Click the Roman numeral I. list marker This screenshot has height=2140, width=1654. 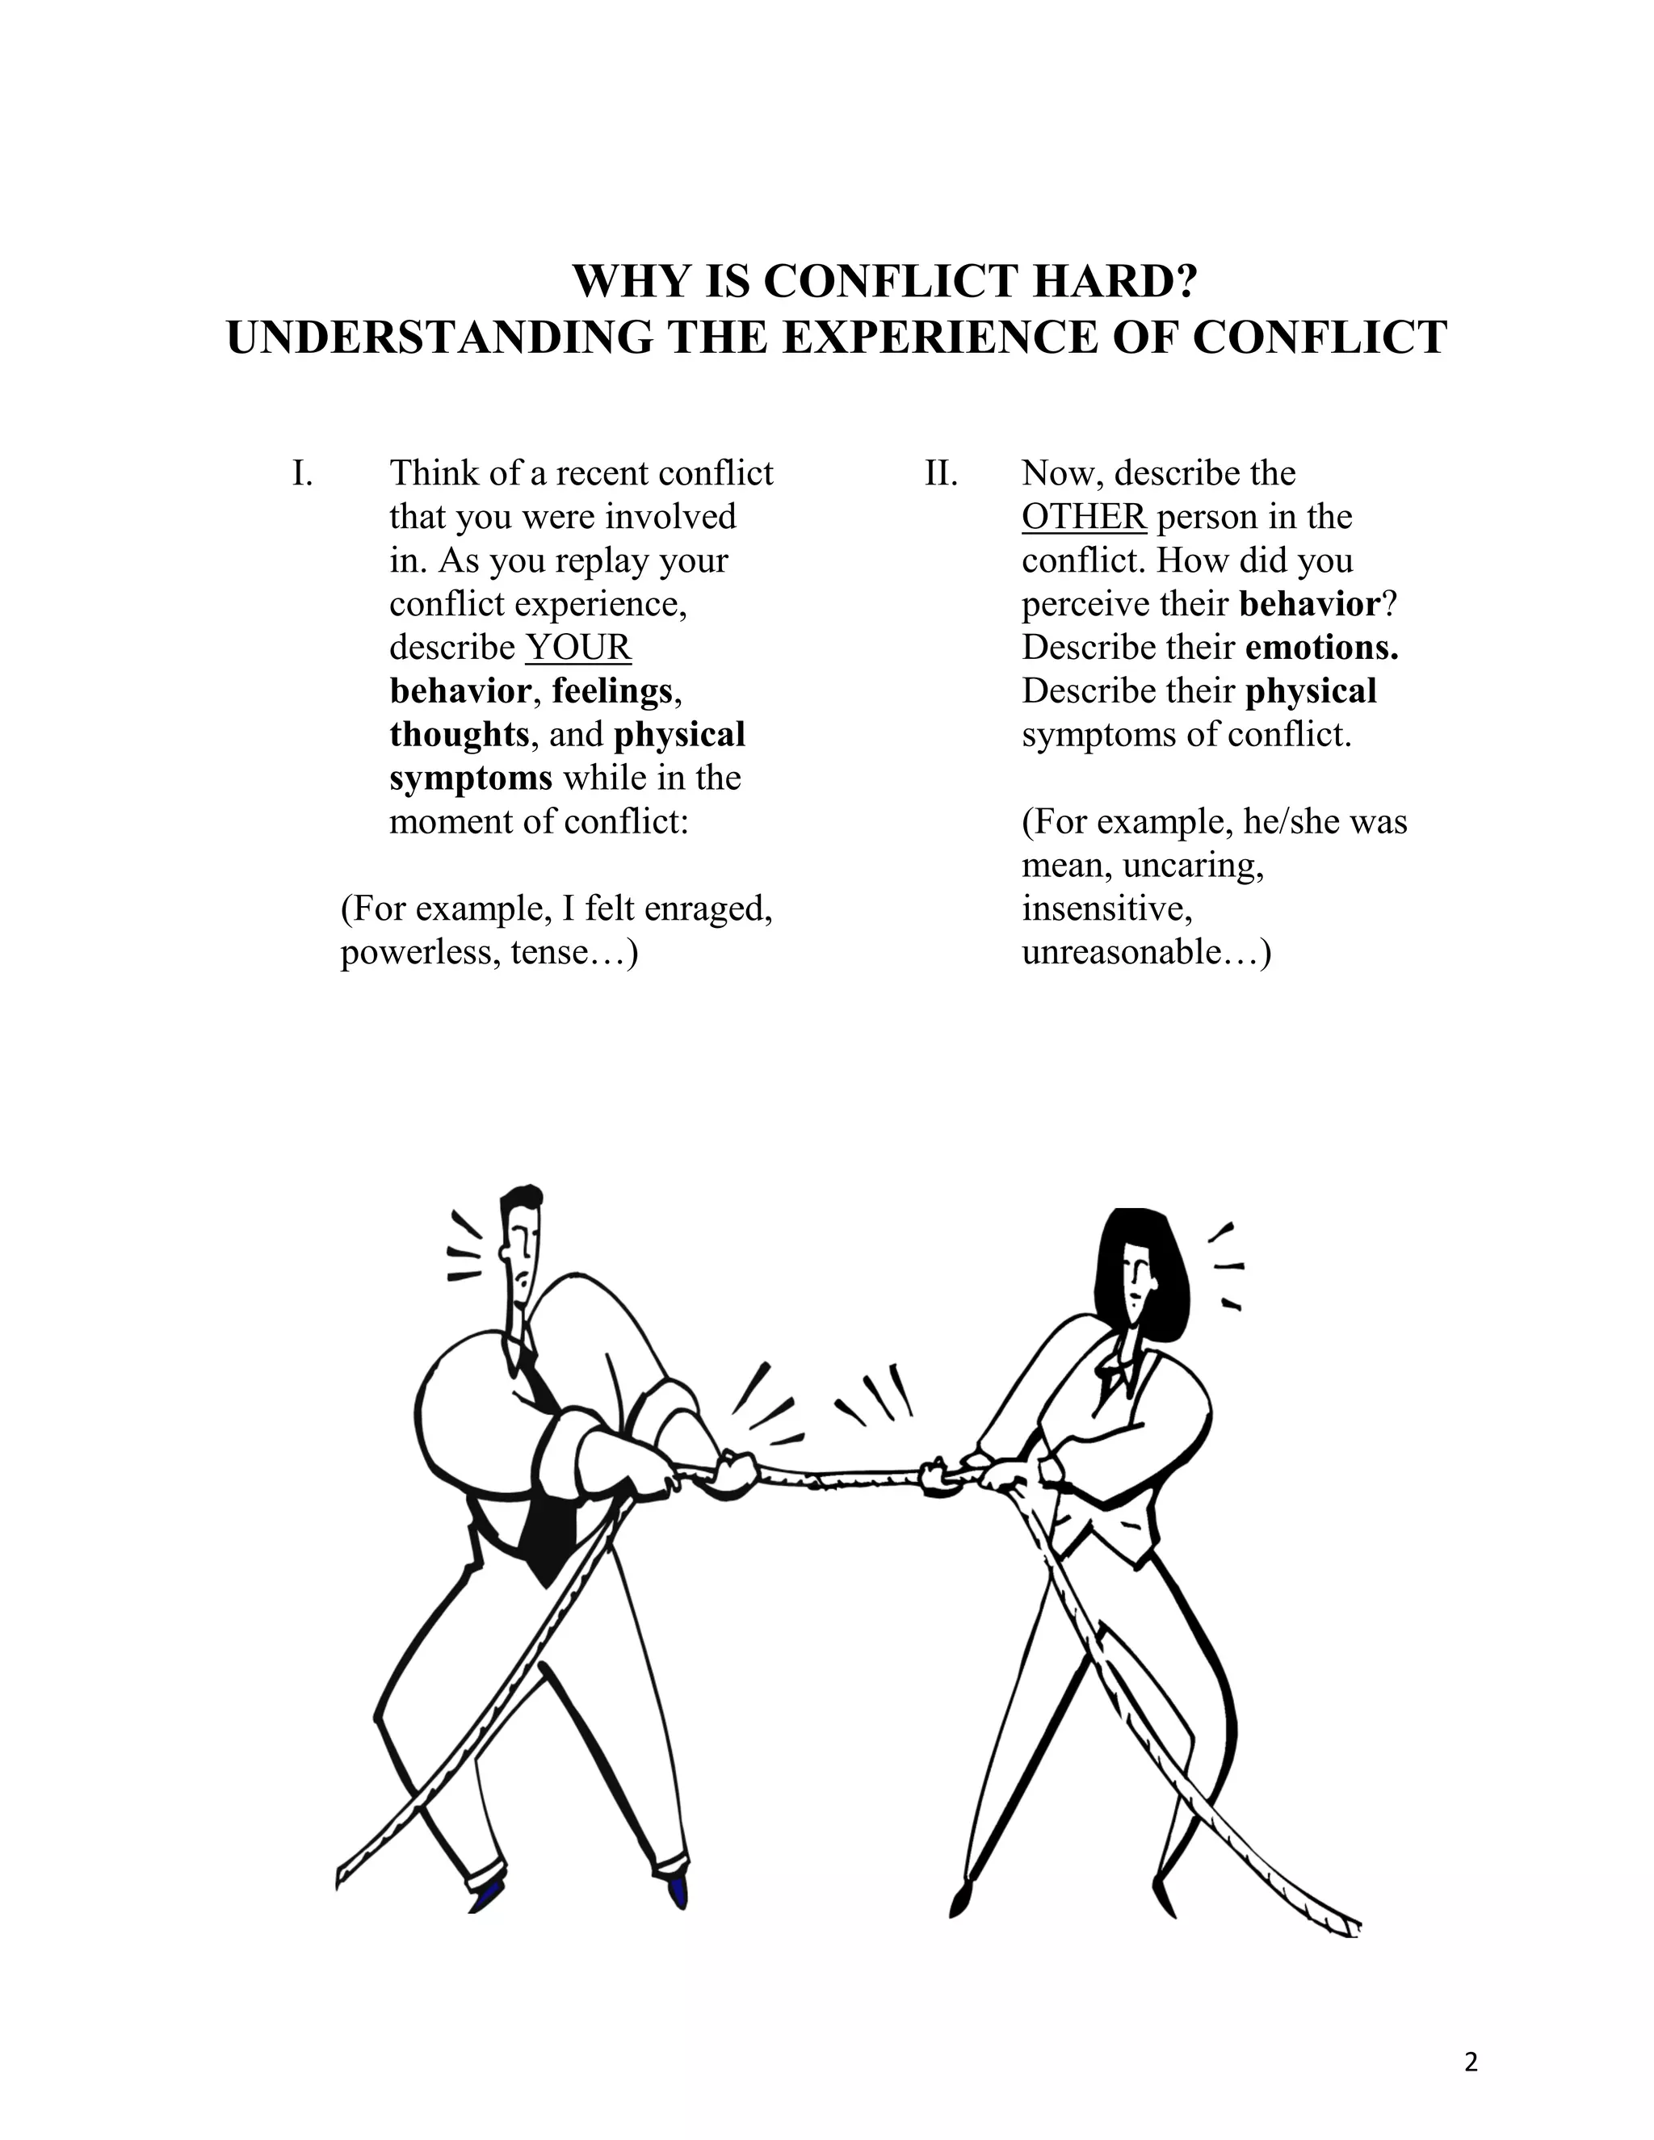click(x=302, y=473)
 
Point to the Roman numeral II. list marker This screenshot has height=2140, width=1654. click(x=941, y=473)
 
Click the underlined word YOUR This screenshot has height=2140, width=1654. click(x=578, y=648)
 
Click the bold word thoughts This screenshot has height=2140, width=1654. click(x=459, y=735)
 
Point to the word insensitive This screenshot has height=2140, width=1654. click(x=1106, y=909)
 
